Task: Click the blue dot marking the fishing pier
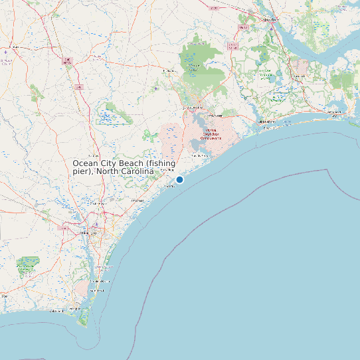179,179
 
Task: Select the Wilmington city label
88,233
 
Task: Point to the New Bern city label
270,21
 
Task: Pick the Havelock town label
298,76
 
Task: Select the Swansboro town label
267,122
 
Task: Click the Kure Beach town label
97,291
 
